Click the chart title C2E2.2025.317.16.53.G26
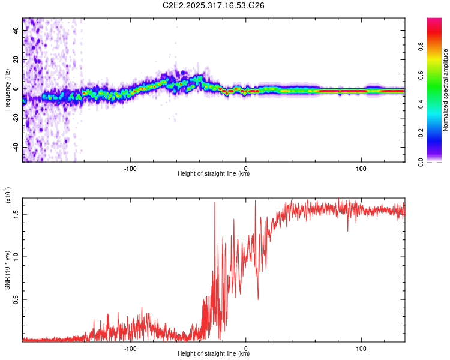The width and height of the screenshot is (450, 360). (214, 6)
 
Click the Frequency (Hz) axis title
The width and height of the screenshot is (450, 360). (7, 90)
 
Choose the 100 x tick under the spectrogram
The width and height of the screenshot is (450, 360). (361, 168)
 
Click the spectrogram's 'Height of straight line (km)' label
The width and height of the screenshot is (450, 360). (214, 174)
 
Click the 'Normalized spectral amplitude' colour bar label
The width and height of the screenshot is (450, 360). (446, 90)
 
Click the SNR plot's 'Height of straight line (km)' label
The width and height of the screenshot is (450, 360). (214, 354)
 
